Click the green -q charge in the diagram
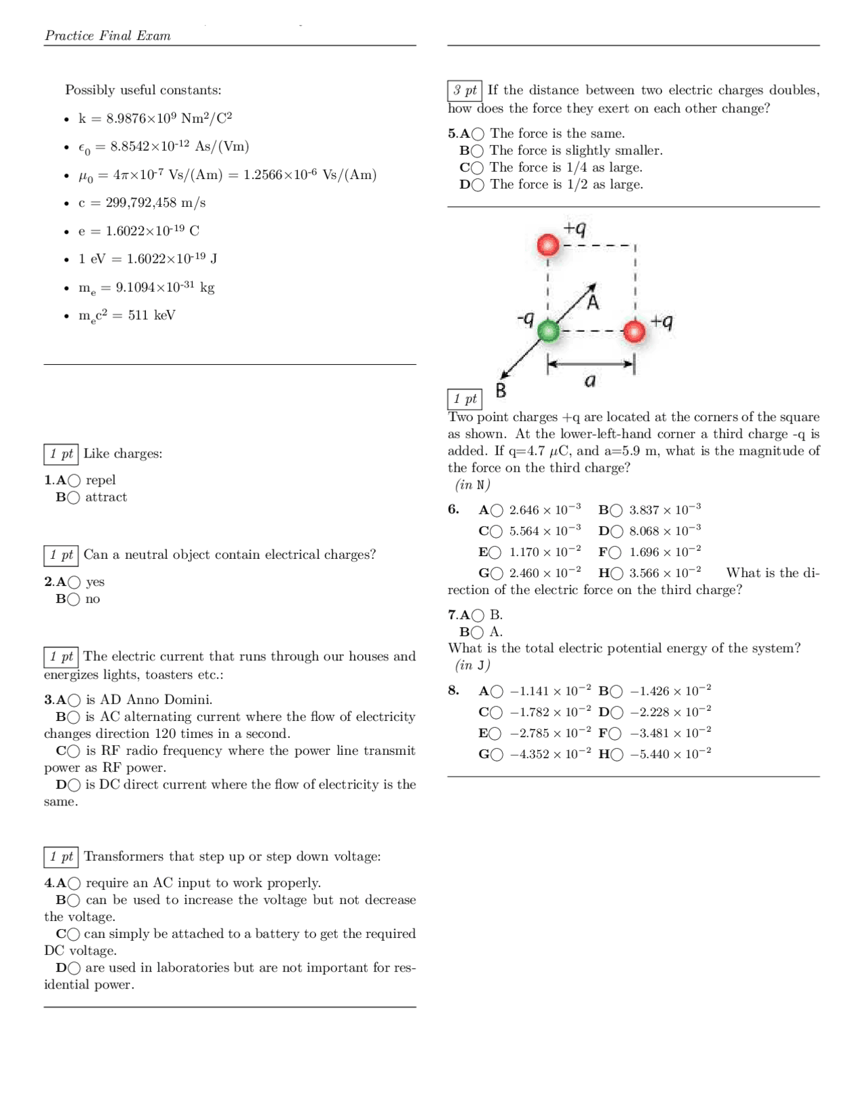click(548, 331)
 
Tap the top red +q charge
click(548, 245)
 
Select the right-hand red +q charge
click(634, 331)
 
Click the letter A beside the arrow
click(593, 302)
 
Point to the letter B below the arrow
click(501, 391)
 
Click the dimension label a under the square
click(590, 381)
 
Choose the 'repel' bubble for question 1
click(74, 480)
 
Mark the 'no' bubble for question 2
click(73, 599)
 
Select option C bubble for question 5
click(477, 168)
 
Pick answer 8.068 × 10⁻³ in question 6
click(616, 531)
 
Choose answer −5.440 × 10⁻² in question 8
click(616, 755)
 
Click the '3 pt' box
click(464, 91)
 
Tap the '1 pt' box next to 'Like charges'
click(61, 454)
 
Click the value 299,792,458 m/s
click(155, 203)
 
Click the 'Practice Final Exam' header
click(107, 36)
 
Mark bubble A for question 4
click(74, 883)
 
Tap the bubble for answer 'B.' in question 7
click(477, 615)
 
